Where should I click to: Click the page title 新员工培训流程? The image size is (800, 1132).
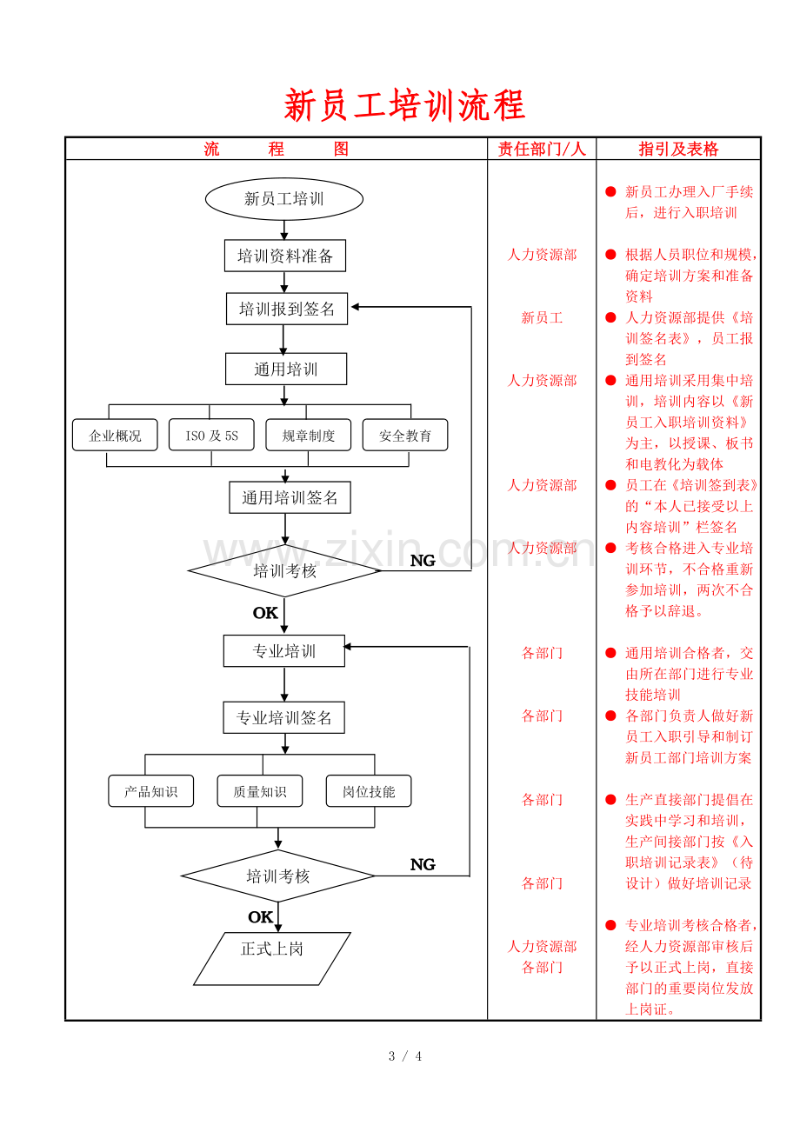pos(404,105)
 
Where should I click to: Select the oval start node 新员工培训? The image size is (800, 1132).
pos(284,198)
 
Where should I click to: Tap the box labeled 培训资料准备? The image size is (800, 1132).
pos(285,256)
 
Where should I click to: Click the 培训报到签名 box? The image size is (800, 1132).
pos(287,309)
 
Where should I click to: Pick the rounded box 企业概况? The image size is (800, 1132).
pos(115,435)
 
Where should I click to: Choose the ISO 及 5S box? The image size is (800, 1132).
pos(211,435)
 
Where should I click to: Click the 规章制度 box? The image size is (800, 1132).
pos(309,435)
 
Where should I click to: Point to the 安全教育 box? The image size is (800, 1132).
pos(405,435)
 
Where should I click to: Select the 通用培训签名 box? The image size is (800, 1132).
pos(290,498)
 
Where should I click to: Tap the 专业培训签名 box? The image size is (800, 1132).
pos(284,717)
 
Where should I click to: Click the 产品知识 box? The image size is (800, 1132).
pos(150,791)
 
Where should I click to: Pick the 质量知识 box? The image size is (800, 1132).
pos(260,791)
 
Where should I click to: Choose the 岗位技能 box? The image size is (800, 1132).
pos(369,791)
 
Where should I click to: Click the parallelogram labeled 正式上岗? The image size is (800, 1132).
pos(272,959)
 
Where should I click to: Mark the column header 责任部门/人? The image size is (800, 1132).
pos(542,149)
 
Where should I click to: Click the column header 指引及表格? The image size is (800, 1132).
pos(678,149)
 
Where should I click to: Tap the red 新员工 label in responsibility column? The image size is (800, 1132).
pos(542,317)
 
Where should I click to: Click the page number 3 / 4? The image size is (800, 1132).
pos(405,1056)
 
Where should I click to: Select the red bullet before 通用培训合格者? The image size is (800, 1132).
pos(610,653)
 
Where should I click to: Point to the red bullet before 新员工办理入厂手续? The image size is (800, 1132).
pos(610,191)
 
